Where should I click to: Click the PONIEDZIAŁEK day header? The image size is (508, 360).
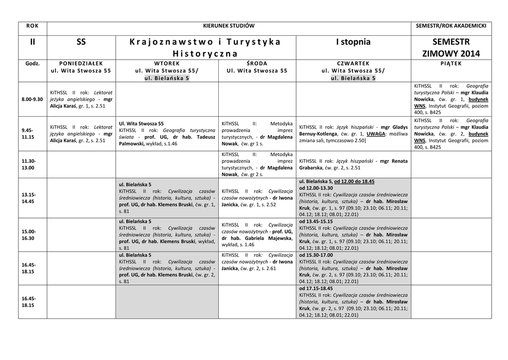point(81,64)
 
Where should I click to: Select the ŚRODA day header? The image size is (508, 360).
point(256,64)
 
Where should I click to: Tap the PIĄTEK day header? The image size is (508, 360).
point(450,64)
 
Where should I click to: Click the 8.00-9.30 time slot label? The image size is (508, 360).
point(32,99)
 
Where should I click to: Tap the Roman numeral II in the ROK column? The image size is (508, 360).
point(32,42)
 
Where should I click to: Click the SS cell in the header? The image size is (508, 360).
point(81,42)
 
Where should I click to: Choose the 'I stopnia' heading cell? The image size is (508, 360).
point(353,42)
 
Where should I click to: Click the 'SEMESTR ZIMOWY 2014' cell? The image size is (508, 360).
point(450,48)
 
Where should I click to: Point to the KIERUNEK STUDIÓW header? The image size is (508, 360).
point(229,26)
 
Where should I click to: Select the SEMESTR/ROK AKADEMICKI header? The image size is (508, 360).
point(450,26)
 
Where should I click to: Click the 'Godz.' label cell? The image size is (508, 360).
point(32,64)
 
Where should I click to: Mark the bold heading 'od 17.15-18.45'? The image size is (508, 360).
point(316,288)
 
